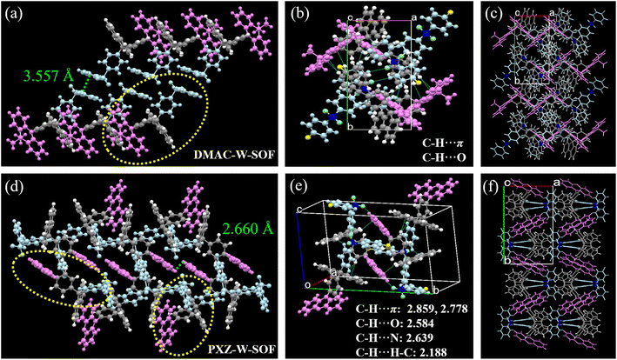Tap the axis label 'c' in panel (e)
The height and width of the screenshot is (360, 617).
(x=298, y=210)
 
